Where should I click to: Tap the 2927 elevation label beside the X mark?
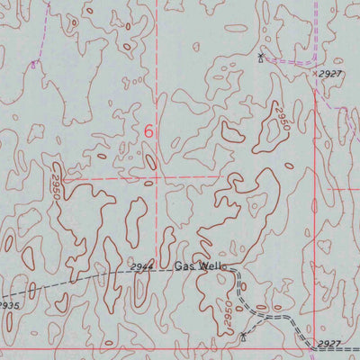tap(332, 75)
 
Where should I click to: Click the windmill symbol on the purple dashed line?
tap(260, 58)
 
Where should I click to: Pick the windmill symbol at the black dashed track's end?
tap(243, 338)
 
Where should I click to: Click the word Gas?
tap(184, 266)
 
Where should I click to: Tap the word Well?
tap(211, 266)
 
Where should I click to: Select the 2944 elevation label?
tap(141, 267)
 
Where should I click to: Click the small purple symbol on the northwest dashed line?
tap(34, 65)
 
